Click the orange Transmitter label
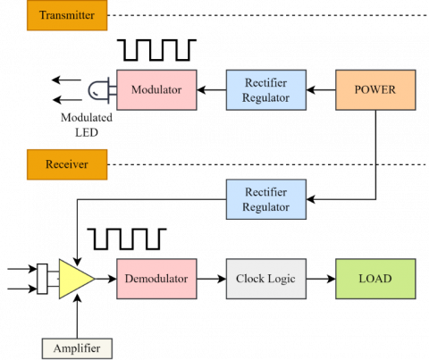(x=67, y=15)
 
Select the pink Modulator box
(x=156, y=90)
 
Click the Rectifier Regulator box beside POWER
(x=266, y=90)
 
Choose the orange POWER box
(x=375, y=90)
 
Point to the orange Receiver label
(x=67, y=164)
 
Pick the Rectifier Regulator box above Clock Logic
(x=266, y=199)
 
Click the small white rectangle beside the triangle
(x=42, y=279)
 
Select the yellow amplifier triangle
(x=74, y=279)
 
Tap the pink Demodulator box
(x=156, y=279)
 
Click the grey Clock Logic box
(x=266, y=279)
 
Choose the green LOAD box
(x=375, y=279)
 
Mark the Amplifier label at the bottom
(x=77, y=347)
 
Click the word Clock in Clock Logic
(x=251, y=279)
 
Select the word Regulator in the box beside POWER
(x=266, y=98)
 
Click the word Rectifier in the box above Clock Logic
(x=266, y=192)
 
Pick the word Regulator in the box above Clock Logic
(x=266, y=207)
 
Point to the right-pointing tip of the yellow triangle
(x=94, y=279)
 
